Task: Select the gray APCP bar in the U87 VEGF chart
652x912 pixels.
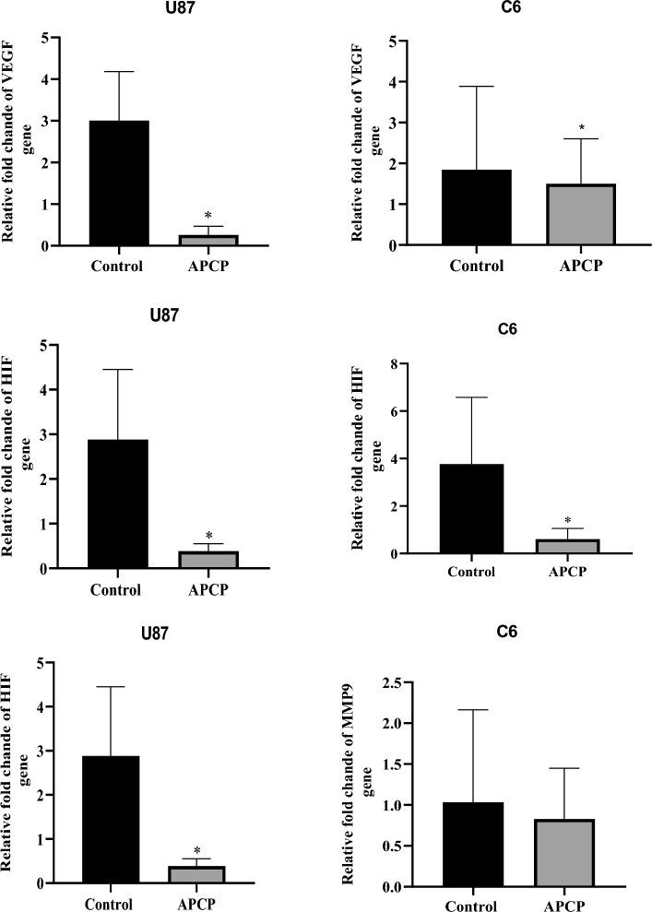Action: pyautogui.click(x=208, y=240)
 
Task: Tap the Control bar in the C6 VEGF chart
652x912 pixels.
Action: pyautogui.click(x=477, y=207)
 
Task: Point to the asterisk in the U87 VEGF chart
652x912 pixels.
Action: pyautogui.click(x=208, y=216)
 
